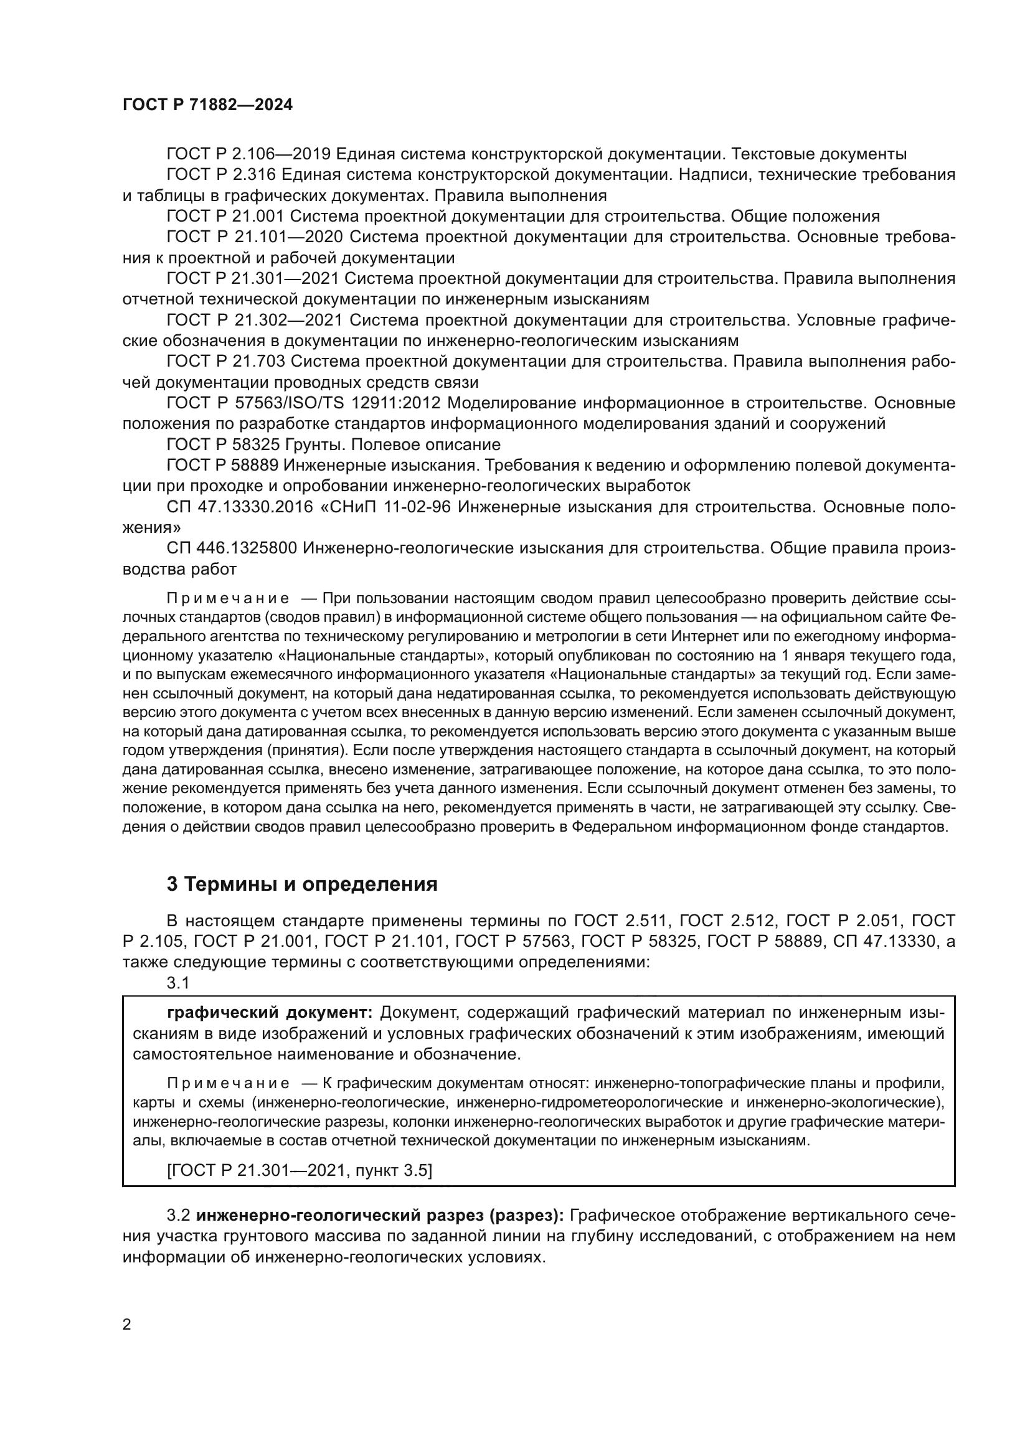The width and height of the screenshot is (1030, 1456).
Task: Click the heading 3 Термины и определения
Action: pos(302,884)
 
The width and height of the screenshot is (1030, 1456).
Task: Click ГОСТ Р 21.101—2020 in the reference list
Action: pos(254,237)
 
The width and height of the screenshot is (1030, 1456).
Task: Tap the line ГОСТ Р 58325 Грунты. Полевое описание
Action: pos(334,444)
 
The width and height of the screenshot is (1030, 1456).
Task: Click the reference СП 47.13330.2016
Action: pos(240,507)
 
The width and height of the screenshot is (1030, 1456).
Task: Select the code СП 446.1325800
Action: pos(232,548)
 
